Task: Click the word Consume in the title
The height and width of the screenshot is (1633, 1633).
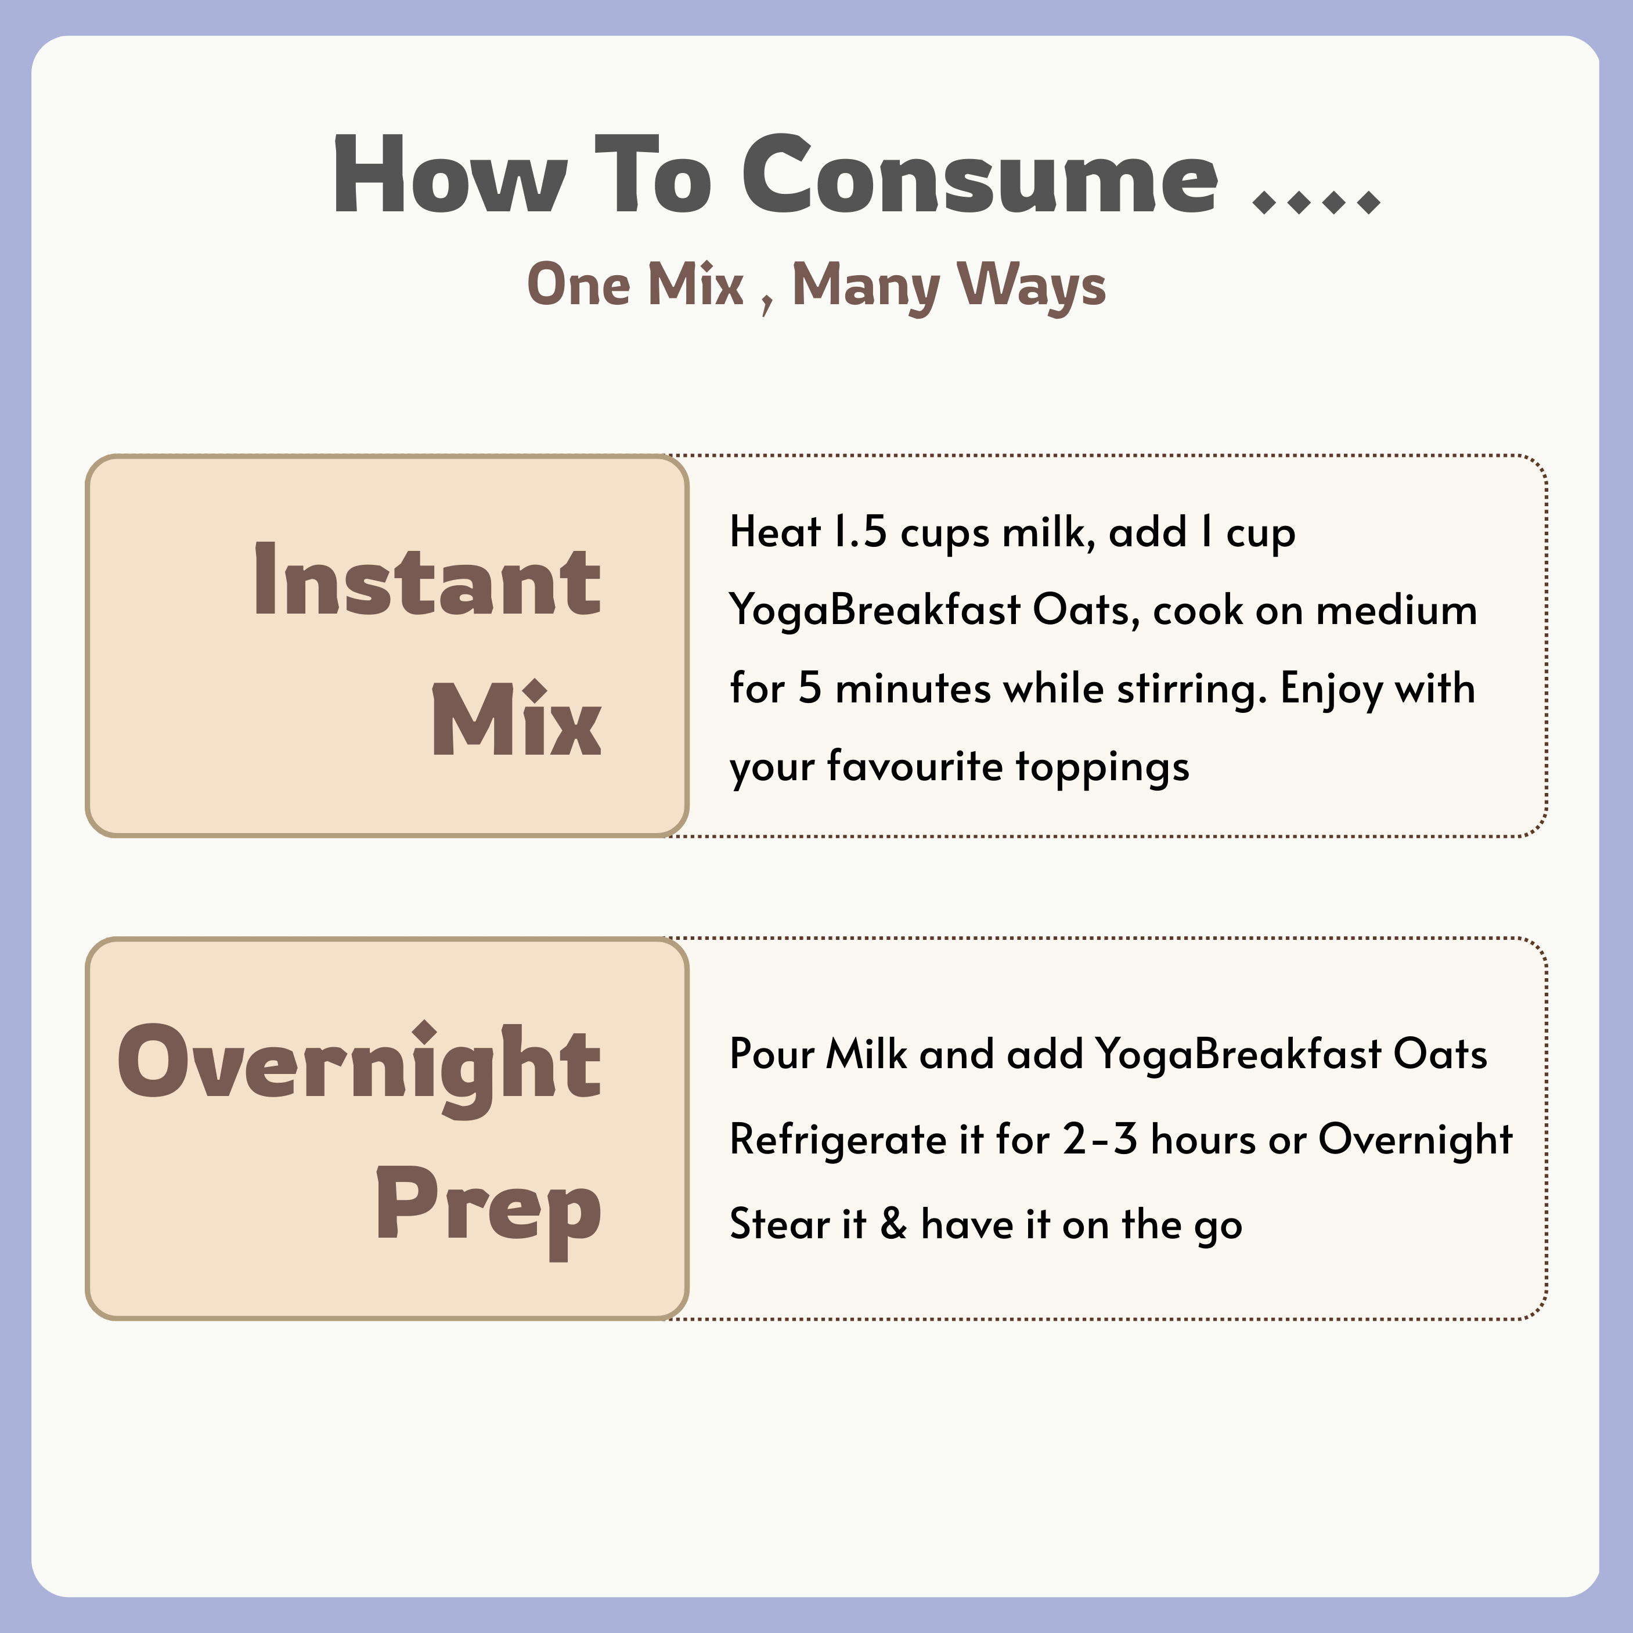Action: pyautogui.click(x=980, y=176)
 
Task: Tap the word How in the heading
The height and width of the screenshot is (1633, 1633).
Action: pyautogui.click(x=449, y=176)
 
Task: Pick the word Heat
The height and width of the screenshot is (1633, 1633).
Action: pyautogui.click(x=775, y=532)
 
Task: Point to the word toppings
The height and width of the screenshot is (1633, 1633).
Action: pyautogui.click(x=1102, y=767)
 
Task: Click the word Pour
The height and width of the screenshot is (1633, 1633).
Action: pyautogui.click(x=771, y=1055)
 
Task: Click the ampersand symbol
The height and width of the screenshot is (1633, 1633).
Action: pyautogui.click(x=893, y=1224)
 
